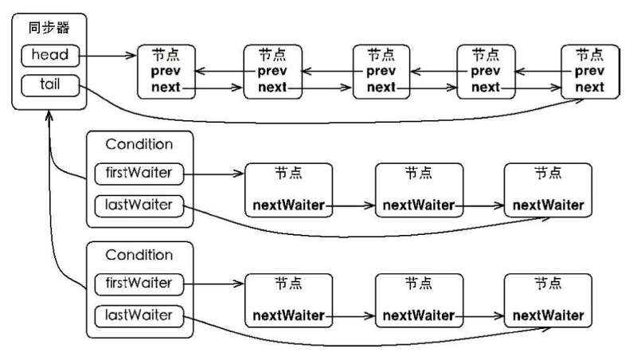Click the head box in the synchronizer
click(50, 56)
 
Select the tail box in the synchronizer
click(50, 85)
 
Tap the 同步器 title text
click(49, 28)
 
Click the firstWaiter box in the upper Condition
click(139, 174)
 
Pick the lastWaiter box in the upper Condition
click(139, 205)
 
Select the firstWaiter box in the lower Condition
click(139, 284)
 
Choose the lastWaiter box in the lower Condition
click(139, 316)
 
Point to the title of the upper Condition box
click(139, 144)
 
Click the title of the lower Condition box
click(139, 256)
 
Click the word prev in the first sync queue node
click(166, 72)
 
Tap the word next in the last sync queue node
click(589, 87)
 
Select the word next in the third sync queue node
click(381, 87)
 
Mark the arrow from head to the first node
click(108, 56)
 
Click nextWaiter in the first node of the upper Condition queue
click(288, 205)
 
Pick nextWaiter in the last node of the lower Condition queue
click(548, 315)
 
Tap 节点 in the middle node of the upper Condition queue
click(419, 174)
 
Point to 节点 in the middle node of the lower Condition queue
click(419, 284)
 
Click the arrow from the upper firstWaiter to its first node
click(214, 174)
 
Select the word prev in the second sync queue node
click(272, 72)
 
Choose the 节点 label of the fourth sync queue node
click(486, 55)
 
